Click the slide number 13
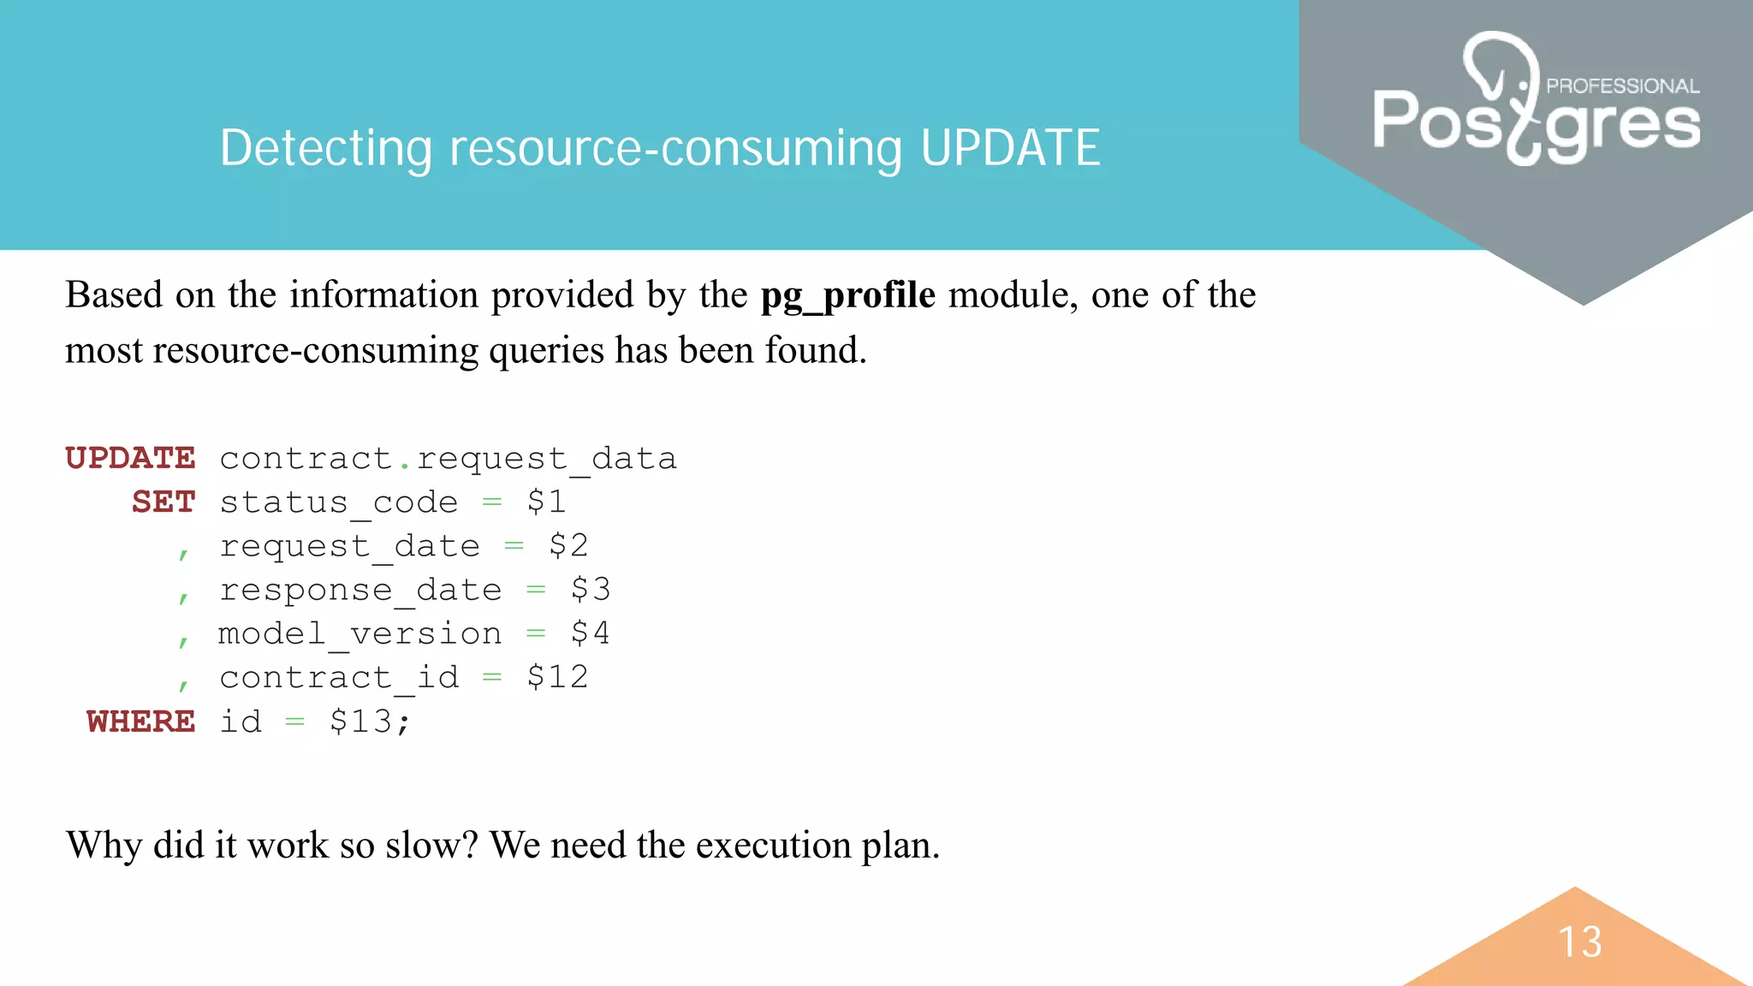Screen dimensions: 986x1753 (x=1580, y=941)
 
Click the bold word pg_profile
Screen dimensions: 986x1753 (x=847, y=295)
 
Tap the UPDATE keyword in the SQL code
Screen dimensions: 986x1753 (x=130, y=459)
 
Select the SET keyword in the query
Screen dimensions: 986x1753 (x=163, y=502)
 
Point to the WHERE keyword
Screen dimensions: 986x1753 (x=141, y=722)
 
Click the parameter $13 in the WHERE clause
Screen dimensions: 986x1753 (x=360, y=722)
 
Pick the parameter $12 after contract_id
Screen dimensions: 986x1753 (x=557, y=677)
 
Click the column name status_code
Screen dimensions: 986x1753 (x=339, y=502)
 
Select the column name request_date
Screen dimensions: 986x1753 (x=349, y=546)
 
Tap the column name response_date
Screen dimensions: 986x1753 (x=360, y=590)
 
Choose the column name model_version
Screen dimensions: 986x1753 (x=360, y=633)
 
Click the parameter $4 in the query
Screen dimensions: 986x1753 (x=591, y=633)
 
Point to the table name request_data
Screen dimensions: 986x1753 (x=546, y=459)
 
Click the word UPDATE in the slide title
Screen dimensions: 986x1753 (x=1010, y=148)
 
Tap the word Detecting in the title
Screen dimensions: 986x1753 (x=326, y=148)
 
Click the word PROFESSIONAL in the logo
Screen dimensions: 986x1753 (x=1622, y=86)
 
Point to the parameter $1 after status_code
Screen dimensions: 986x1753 (x=546, y=502)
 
